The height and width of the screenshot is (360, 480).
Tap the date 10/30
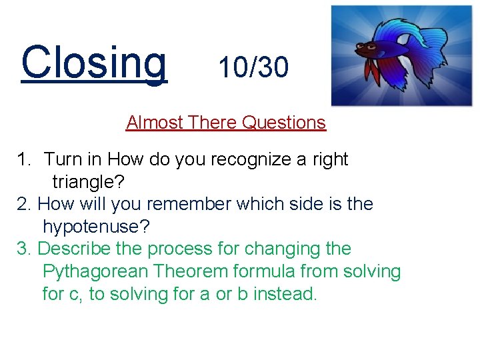click(253, 67)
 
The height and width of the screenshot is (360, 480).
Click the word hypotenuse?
click(97, 227)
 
